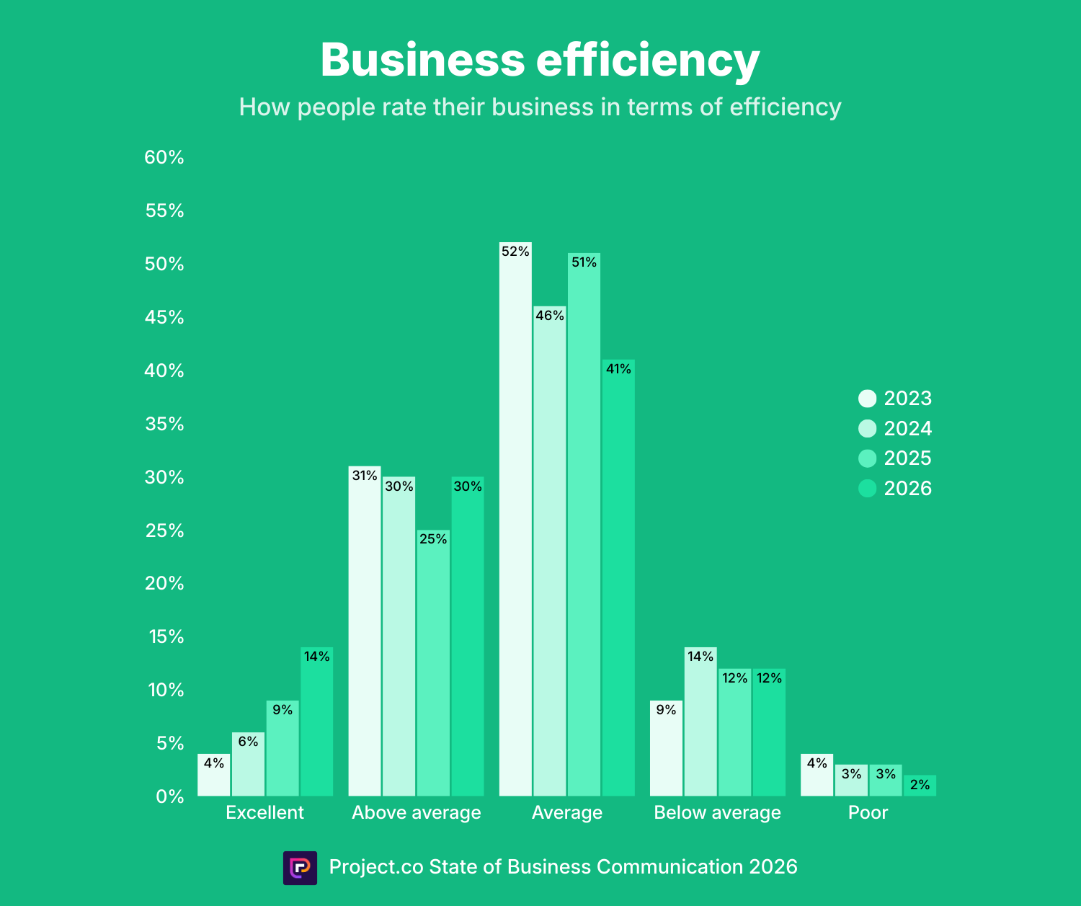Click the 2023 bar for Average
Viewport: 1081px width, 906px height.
(515, 519)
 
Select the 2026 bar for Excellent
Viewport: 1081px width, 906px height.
(316, 721)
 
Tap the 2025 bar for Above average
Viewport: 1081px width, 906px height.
(433, 663)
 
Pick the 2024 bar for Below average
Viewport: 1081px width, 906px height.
(700, 721)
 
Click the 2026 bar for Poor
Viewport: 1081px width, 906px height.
(920, 786)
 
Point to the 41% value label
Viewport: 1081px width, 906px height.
(618, 369)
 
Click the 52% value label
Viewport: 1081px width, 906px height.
(515, 252)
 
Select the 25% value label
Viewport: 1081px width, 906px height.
(433, 539)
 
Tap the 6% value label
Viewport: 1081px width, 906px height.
(248, 742)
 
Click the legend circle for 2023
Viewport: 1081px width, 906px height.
(868, 399)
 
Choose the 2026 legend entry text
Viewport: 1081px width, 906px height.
(907, 489)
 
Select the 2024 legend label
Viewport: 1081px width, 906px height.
(907, 429)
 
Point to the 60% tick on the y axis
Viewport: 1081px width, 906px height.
(164, 157)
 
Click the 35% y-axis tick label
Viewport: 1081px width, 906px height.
(164, 424)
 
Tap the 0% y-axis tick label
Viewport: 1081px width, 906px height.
(170, 796)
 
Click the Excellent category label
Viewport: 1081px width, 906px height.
(264, 812)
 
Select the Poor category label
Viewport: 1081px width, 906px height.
(868, 812)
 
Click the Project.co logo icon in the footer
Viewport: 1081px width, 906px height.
(300, 868)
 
